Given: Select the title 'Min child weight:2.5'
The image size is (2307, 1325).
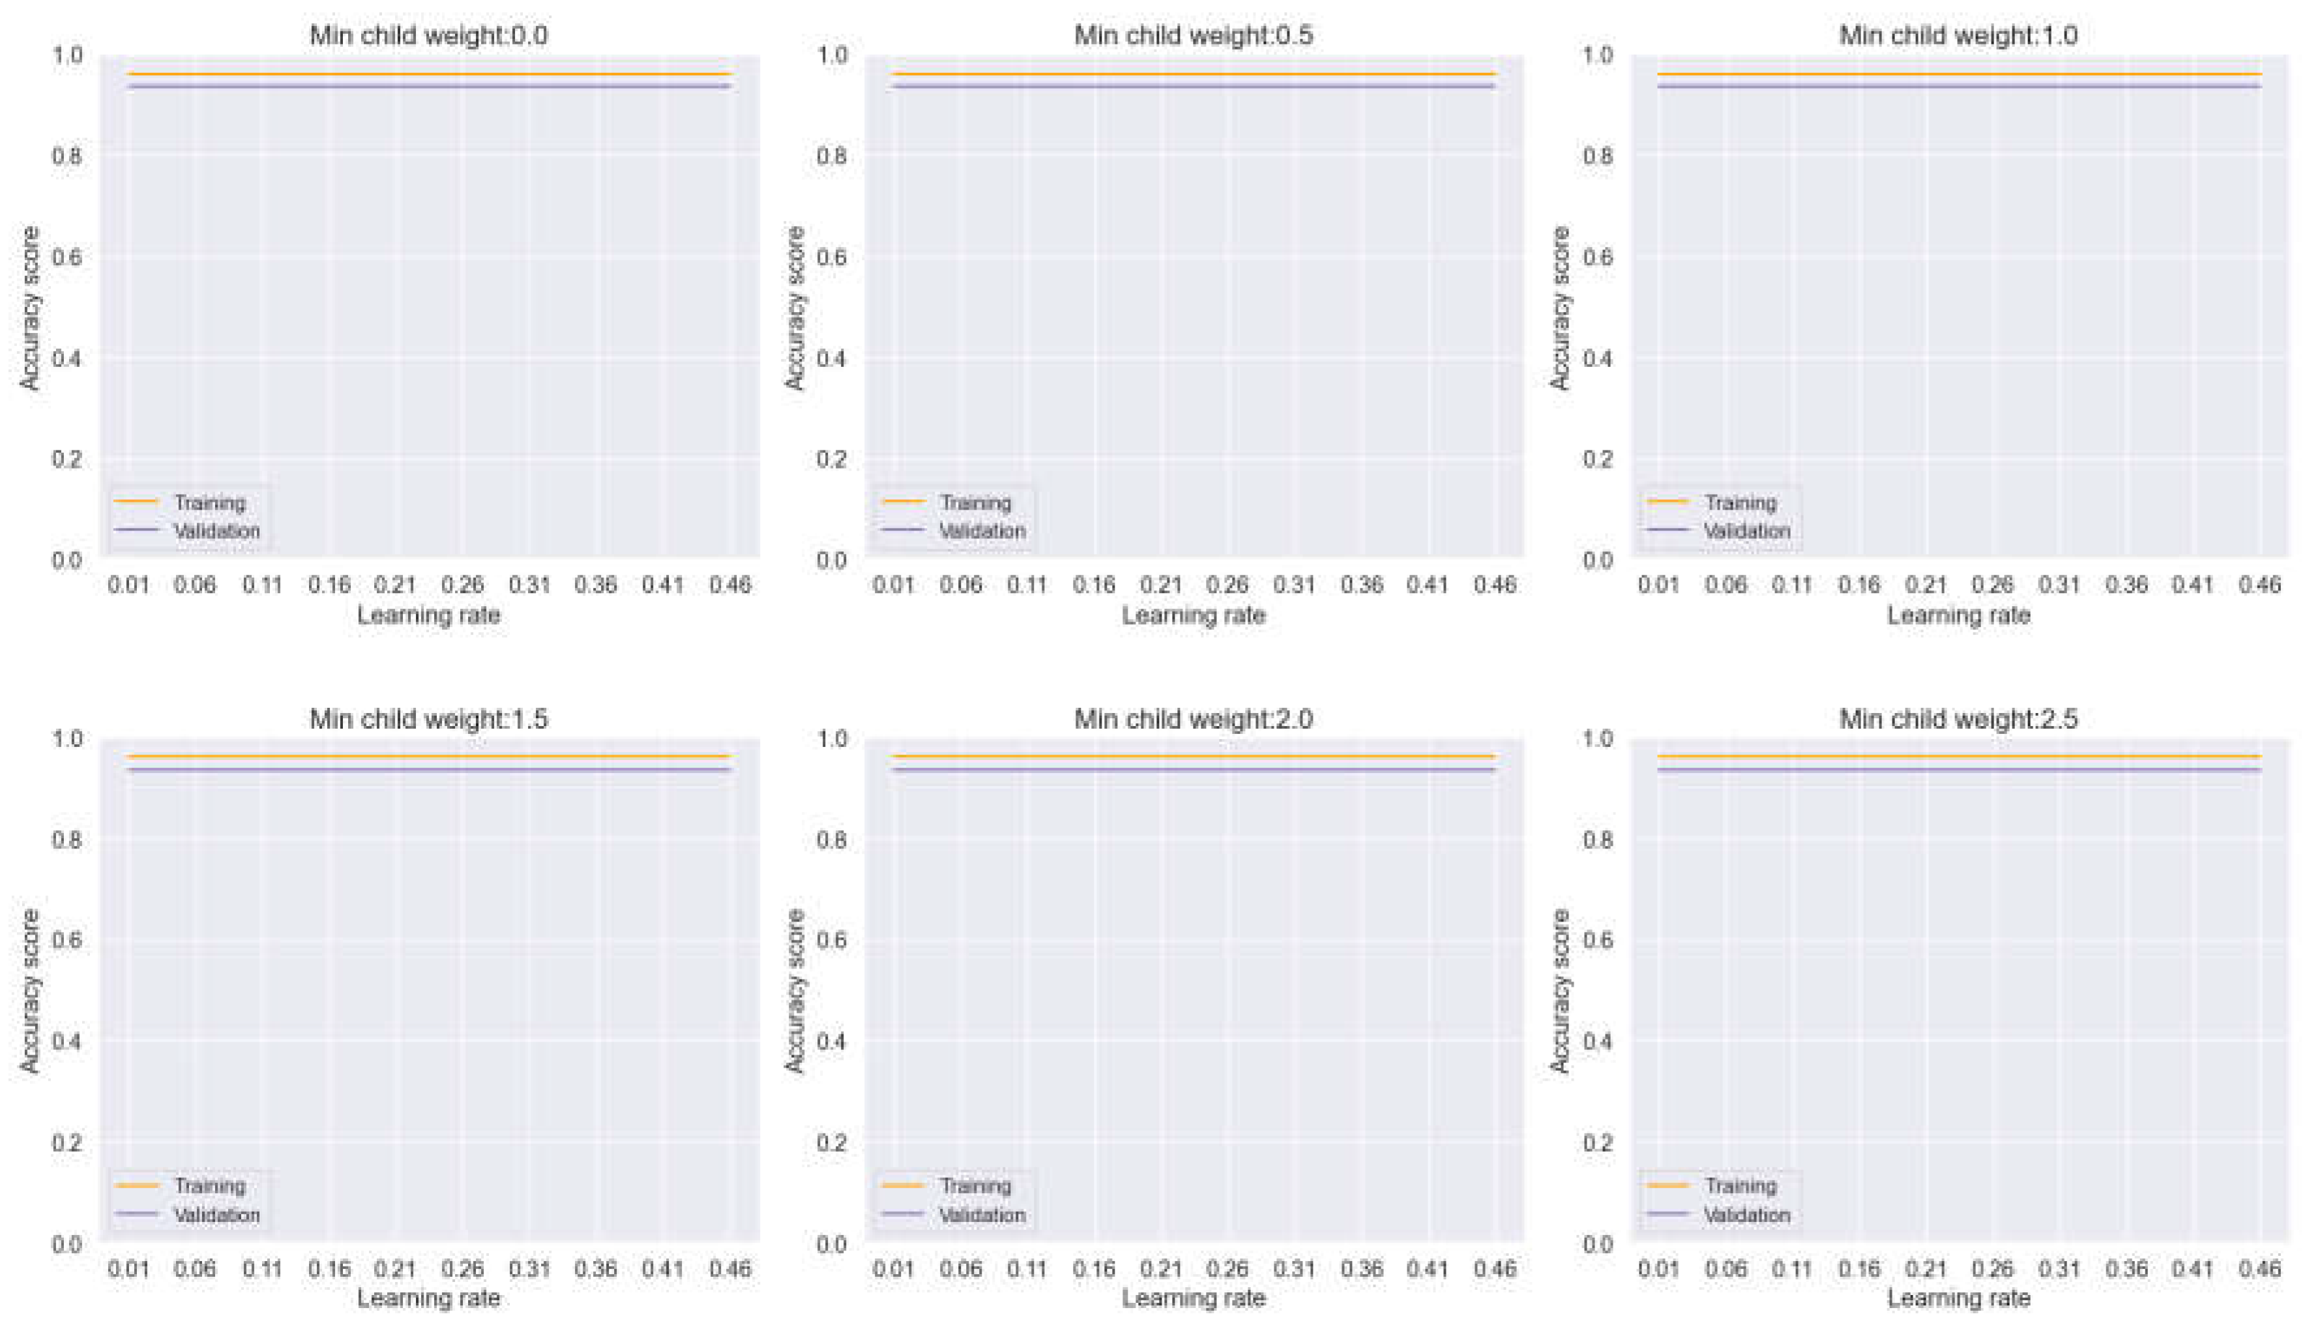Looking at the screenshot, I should tap(1958, 719).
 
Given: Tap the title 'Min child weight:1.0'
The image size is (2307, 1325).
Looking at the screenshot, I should tap(1958, 35).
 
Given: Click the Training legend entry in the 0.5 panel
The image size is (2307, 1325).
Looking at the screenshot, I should tap(975, 502).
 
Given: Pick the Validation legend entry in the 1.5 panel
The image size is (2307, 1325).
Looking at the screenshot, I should tap(216, 1215).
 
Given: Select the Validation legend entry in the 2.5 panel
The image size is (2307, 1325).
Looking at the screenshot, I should tap(1746, 1215).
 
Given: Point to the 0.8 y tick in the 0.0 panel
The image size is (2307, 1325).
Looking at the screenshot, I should tap(66, 156).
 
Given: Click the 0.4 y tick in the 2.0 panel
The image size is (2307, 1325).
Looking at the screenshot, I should tap(832, 1041).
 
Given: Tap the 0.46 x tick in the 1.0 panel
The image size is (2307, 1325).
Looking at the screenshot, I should tap(2259, 584).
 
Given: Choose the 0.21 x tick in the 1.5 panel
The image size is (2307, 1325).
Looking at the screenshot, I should tap(395, 1268).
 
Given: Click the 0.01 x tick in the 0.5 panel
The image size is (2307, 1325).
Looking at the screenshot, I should tap(893, 584).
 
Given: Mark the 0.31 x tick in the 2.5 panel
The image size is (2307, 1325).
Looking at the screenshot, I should tap(2059, 1268).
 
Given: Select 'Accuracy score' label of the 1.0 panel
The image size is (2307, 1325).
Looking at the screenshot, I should tap(1560, 308).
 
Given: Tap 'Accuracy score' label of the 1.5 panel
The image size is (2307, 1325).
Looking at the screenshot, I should tap(30, 991).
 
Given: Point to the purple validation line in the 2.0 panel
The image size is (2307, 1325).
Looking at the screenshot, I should tap(1193, 770).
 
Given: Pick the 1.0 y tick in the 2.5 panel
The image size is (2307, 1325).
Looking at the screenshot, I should tap(1597, 738).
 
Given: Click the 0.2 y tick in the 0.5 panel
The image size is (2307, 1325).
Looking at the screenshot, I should tap(832, 459).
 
